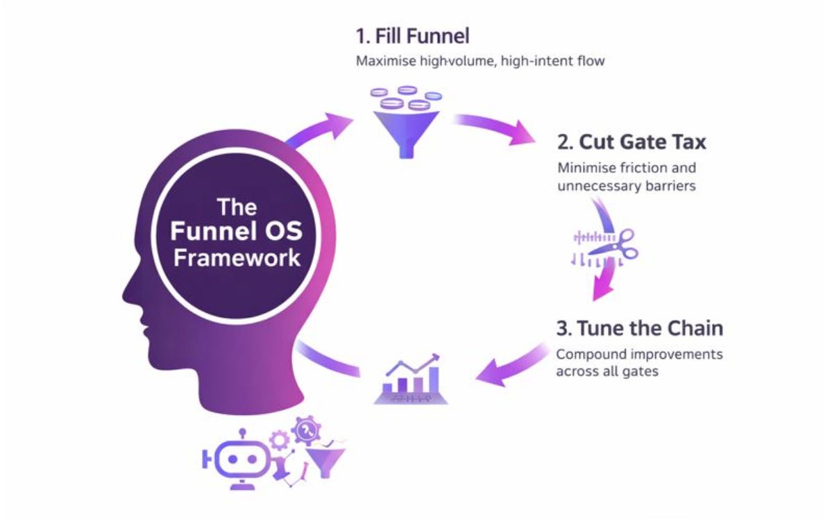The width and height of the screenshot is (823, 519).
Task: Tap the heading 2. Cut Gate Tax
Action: [x=631, y=143]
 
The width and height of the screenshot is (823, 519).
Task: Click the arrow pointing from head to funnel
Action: [x=321, y=128]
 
